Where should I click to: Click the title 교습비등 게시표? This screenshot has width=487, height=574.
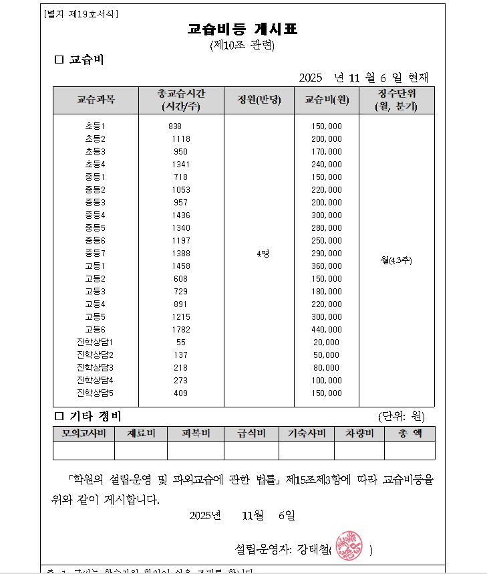242,29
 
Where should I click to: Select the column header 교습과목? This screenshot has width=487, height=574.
96,100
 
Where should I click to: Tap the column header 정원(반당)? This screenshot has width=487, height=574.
259,100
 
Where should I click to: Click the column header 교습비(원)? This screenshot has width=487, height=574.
327,100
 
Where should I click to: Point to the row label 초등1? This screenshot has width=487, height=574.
95,126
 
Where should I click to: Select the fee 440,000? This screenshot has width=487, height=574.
327,329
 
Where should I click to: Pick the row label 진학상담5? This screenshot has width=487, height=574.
95,393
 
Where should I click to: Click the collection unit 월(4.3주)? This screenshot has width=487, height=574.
396,260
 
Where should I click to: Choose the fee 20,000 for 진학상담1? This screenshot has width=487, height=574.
326,342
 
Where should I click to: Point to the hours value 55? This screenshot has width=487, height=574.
181,342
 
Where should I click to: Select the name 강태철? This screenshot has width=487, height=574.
313,549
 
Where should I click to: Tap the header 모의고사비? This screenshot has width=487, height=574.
84,434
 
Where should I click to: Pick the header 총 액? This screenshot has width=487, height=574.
410,434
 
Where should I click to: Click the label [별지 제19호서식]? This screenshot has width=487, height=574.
80,13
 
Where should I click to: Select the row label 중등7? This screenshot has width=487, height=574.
95,253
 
